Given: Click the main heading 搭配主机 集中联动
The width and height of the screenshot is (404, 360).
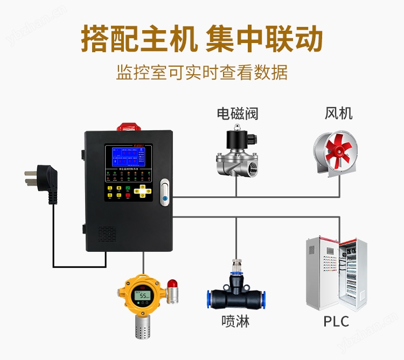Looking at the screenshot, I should click(x=202, y=39).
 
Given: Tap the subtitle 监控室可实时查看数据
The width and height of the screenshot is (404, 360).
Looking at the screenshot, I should click(x=202, y=72).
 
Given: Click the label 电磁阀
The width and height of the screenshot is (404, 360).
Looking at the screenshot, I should click(x=238, y=114).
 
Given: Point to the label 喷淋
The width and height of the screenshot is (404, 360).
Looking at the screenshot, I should click(x=235, y=322).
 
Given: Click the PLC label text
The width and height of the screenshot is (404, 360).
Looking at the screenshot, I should click(x=336, y=322).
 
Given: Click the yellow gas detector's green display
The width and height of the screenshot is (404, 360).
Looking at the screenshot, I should click(x=144, y=296).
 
